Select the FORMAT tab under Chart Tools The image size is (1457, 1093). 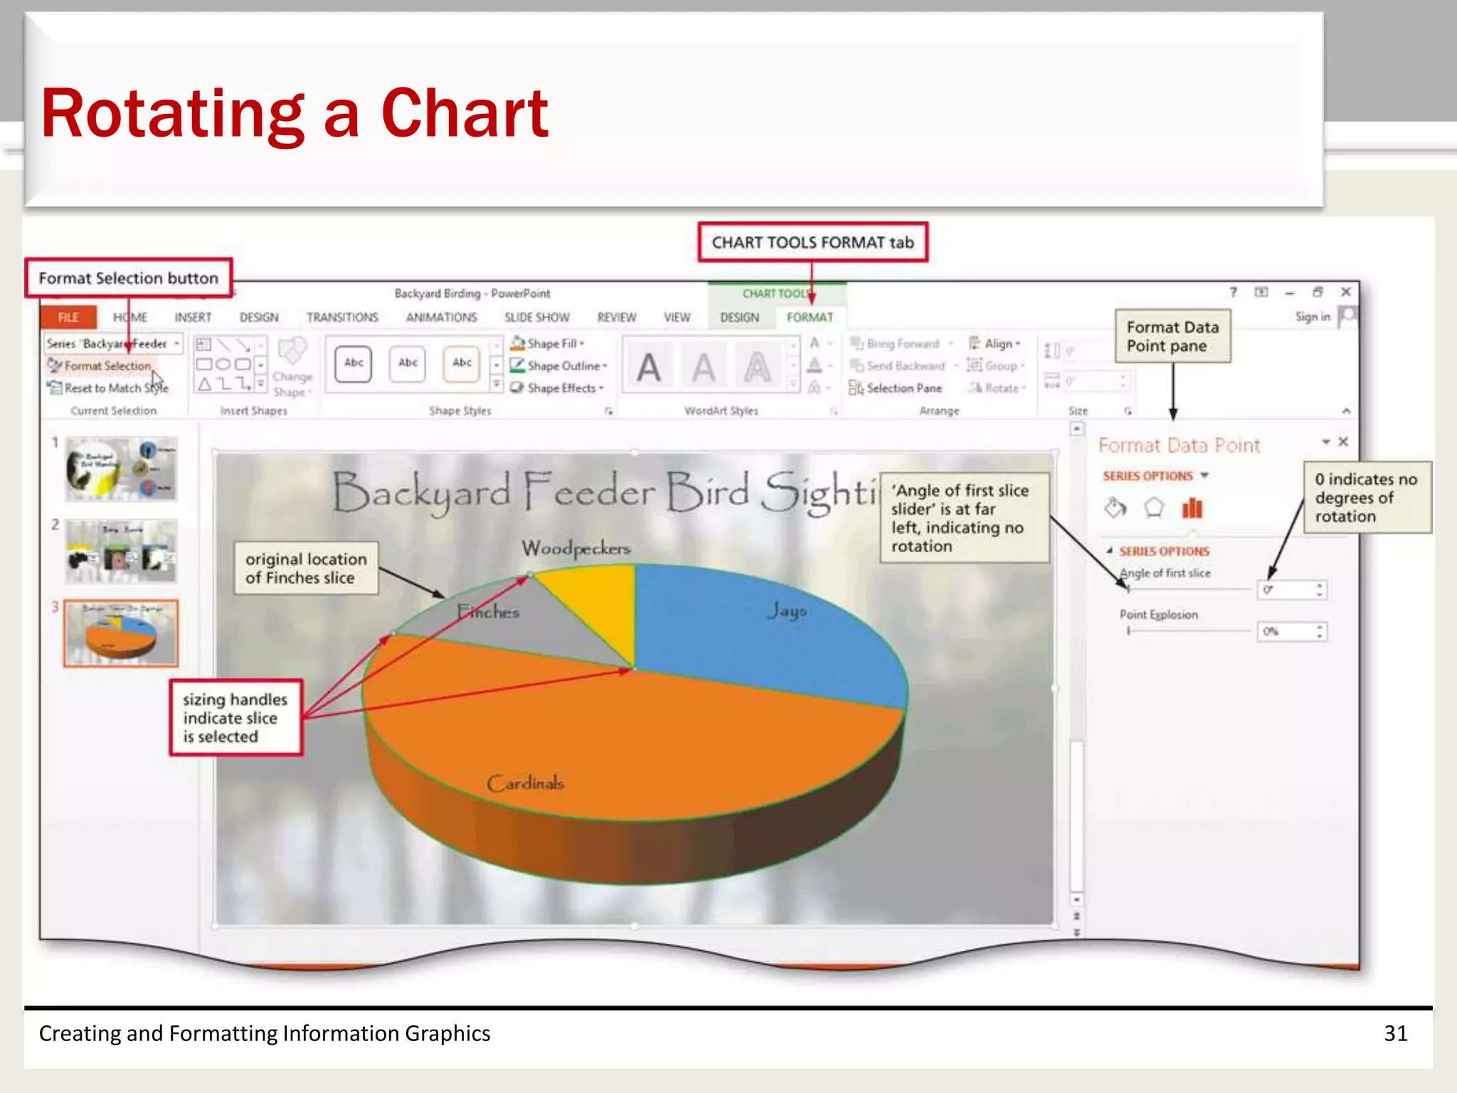click(809, 317)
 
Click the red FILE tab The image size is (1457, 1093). click(68, 317)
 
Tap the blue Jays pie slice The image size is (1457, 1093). click(768, 626)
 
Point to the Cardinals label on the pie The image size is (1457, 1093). click(525, 783)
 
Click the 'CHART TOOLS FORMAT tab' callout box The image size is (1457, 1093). click(812, 243)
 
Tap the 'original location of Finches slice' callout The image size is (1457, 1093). click(306, 569)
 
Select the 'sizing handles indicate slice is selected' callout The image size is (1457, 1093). click(235, 717)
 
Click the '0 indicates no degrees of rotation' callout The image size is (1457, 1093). click(1366, 497)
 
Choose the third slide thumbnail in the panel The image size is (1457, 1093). click(121, 633)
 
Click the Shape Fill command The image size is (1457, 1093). click(551, 344)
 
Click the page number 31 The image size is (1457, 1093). click(1395, 1033)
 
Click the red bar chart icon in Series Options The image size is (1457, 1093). click(1192, 508)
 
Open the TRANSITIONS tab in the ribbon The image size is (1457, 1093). click(342, 317)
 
